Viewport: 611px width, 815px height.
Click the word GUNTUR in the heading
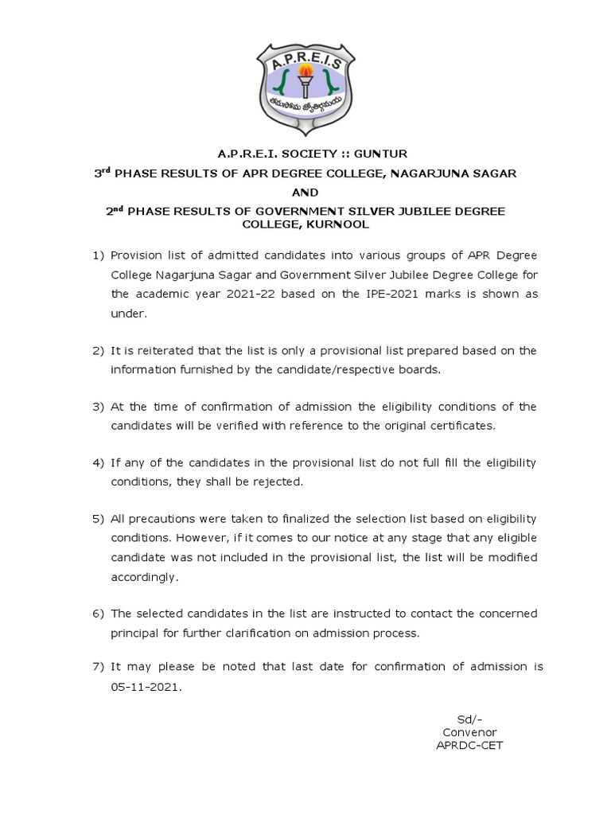(373, 154)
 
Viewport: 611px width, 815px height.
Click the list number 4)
(98, 463)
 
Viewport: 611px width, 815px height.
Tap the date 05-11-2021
(146, 685)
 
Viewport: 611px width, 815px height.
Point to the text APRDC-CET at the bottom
(469, 745)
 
